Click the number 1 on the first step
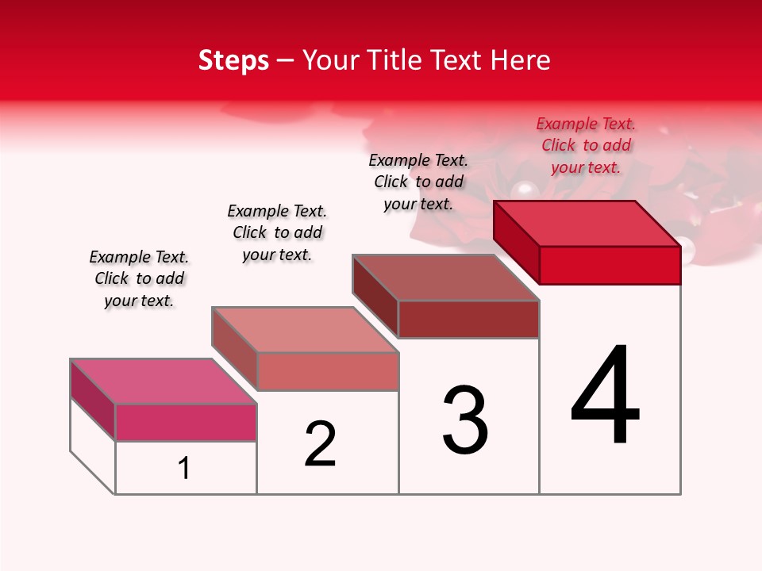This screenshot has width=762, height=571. (184, 469)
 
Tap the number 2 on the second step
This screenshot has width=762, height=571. (321, 444)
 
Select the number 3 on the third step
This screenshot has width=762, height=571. (465, 420)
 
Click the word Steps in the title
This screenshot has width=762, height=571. (233, 60)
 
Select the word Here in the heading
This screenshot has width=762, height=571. (521, 60)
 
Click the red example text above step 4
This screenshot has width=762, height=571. (586, 146)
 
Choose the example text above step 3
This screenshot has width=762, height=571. (418, 182)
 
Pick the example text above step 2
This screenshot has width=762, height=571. (277, 232)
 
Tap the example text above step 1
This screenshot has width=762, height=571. (139, 278)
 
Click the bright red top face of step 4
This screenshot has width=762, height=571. (587, 224)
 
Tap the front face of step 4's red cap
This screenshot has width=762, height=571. (610, 265)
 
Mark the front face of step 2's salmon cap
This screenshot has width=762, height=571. (328, 371)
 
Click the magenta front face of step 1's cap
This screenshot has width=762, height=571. (186, 422)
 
